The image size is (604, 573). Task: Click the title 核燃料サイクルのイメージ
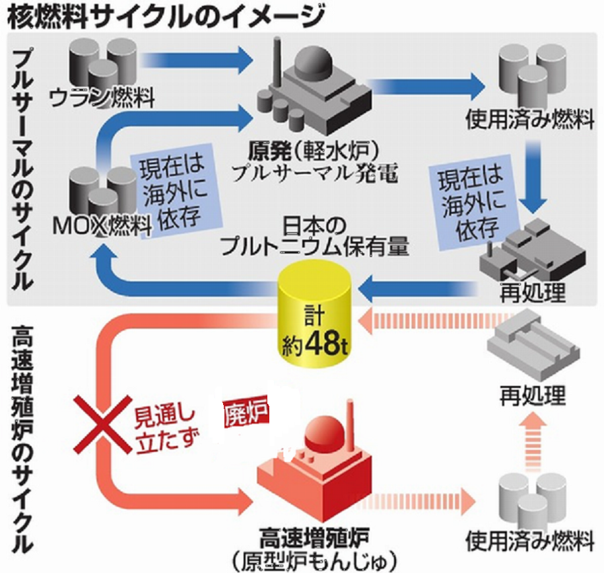coord(165,15)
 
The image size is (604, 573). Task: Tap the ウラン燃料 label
coord(102,99)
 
